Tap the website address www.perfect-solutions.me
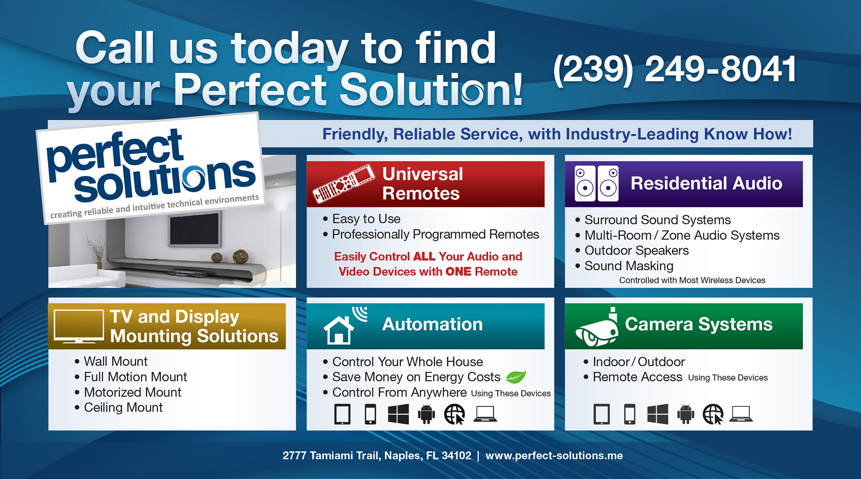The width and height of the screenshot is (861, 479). coord(554,456)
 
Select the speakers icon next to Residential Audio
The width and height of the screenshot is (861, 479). coord(597,184)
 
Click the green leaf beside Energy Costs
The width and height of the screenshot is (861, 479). coord(516,377)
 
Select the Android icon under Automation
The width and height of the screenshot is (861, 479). coord(426,414)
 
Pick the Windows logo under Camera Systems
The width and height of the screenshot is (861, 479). coord(658,414)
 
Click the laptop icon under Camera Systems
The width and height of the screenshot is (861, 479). coord(741,414)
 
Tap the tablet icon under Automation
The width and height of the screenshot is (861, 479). coord(343,414)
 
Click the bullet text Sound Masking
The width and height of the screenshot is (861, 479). coord(629,266)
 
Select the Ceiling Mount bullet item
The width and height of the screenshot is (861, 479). coord(123,408)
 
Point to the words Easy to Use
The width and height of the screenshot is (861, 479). coord(366,219)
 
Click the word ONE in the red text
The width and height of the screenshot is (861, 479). coord(458,272)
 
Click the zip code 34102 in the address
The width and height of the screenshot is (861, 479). coord(457,456)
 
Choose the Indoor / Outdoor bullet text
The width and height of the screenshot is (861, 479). coord(639,362)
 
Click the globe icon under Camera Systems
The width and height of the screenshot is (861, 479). coord(713,414)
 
